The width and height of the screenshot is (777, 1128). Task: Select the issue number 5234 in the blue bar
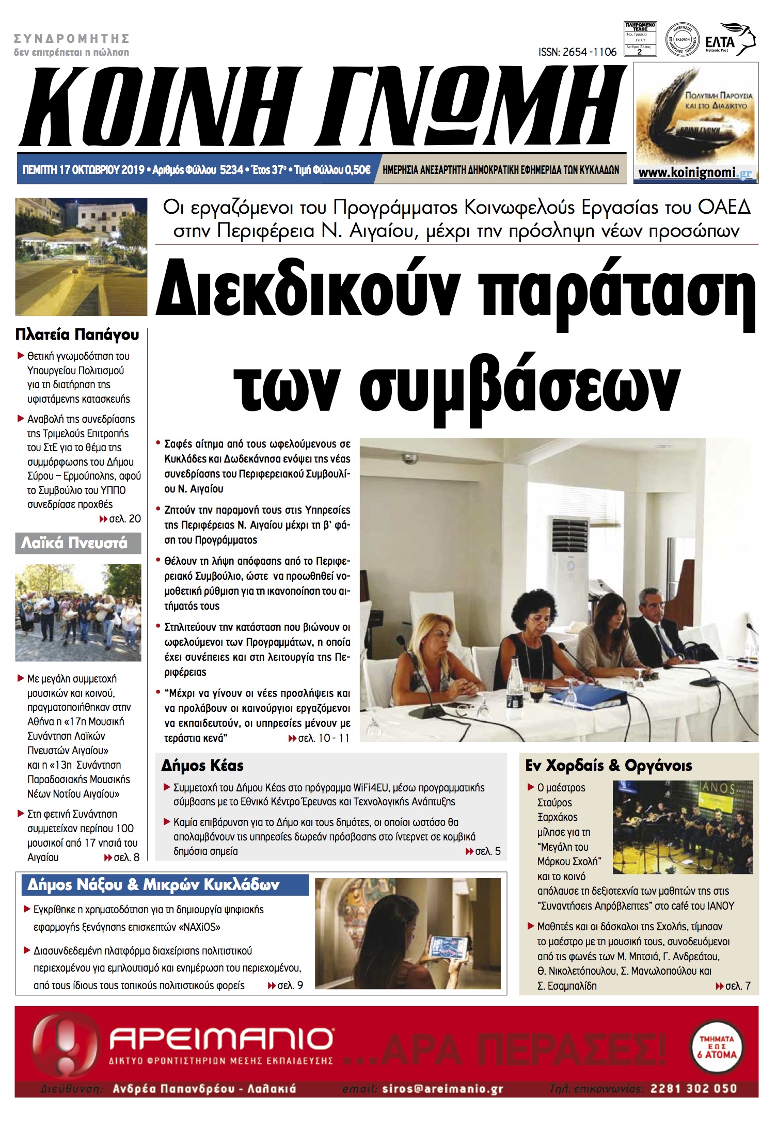point(231,170)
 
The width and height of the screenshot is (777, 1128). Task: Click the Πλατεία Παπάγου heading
point(77,335)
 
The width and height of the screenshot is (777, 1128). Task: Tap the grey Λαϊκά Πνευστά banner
point(78,543)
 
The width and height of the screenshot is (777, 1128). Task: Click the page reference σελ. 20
point(124,519)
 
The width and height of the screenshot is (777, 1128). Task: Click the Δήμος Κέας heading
point(202,766)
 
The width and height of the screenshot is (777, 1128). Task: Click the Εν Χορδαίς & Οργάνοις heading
point(608,766)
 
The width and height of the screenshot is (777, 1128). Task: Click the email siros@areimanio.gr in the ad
point(442,1089)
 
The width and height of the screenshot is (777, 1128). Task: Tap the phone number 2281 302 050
point(693,1088)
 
